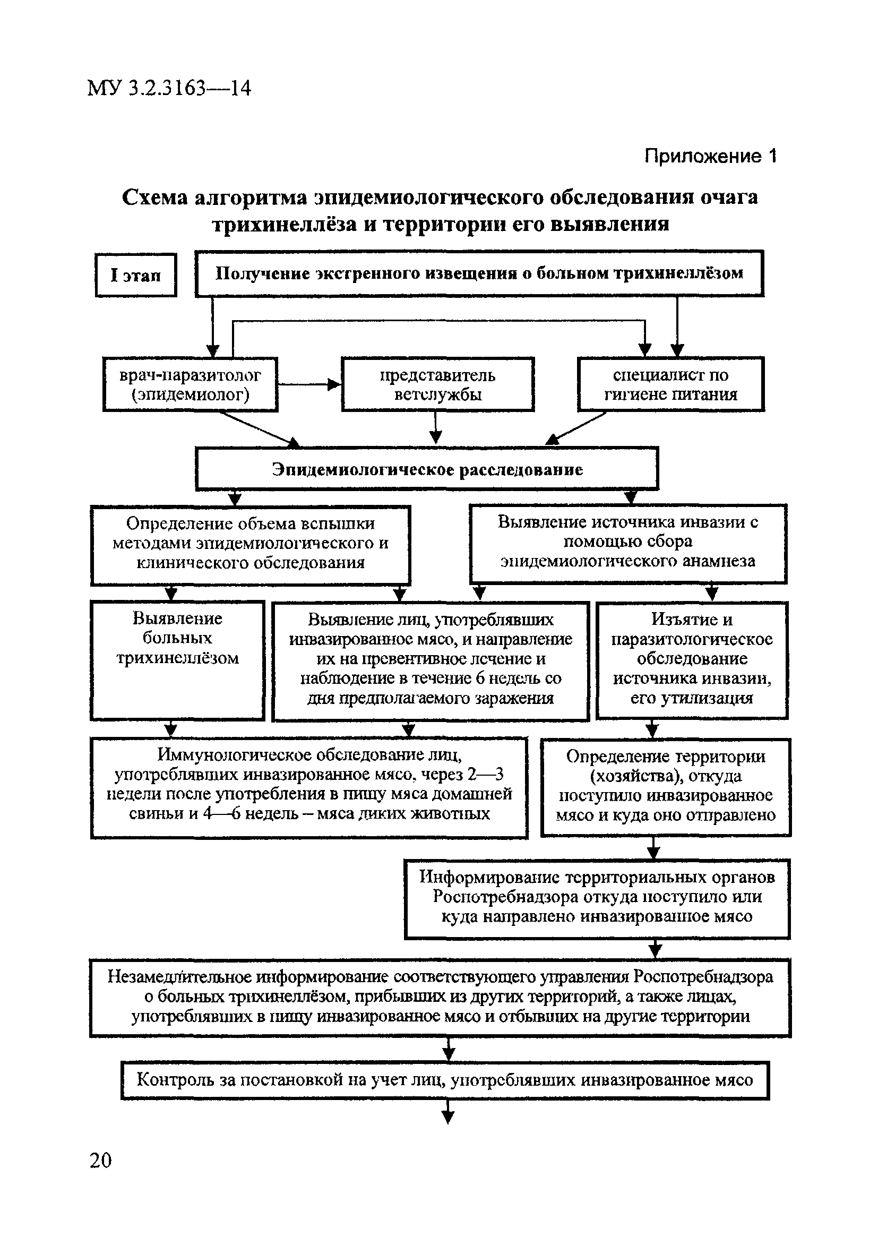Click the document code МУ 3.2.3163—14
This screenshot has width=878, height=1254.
coord(169,88)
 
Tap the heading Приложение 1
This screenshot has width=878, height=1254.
coord(709,157)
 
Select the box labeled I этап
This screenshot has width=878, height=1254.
coord(136,275)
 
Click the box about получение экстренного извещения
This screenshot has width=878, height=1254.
coord(479,273)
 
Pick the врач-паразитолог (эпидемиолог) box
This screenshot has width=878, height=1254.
coord(190,384)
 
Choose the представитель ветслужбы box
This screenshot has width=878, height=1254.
coord(437,384)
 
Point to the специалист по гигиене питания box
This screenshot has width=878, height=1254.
coord(670,384)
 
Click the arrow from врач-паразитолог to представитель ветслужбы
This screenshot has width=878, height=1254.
coord(309,384)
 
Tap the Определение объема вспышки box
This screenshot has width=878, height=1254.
coord(250,544)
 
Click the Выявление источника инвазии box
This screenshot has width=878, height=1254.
coord(628,543)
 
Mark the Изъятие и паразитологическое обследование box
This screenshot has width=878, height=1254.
coord(692,660)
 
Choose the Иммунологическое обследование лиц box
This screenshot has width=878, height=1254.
coord(309,787)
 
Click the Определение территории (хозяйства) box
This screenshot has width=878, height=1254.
coord(666,787)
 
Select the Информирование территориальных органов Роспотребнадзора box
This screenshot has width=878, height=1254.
coord(597,898)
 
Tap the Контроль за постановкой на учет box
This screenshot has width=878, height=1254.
coord(444,1080)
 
